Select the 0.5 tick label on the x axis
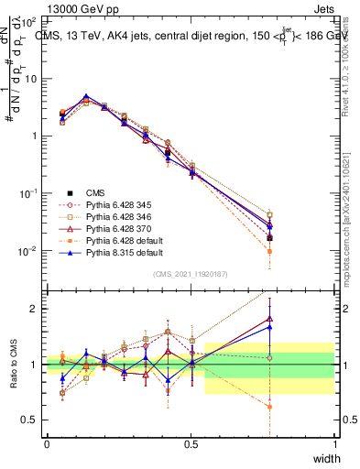coord(191,444)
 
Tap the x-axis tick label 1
coord(335,444)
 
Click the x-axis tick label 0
coord(47,444)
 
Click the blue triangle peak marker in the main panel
coord(86,96)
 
